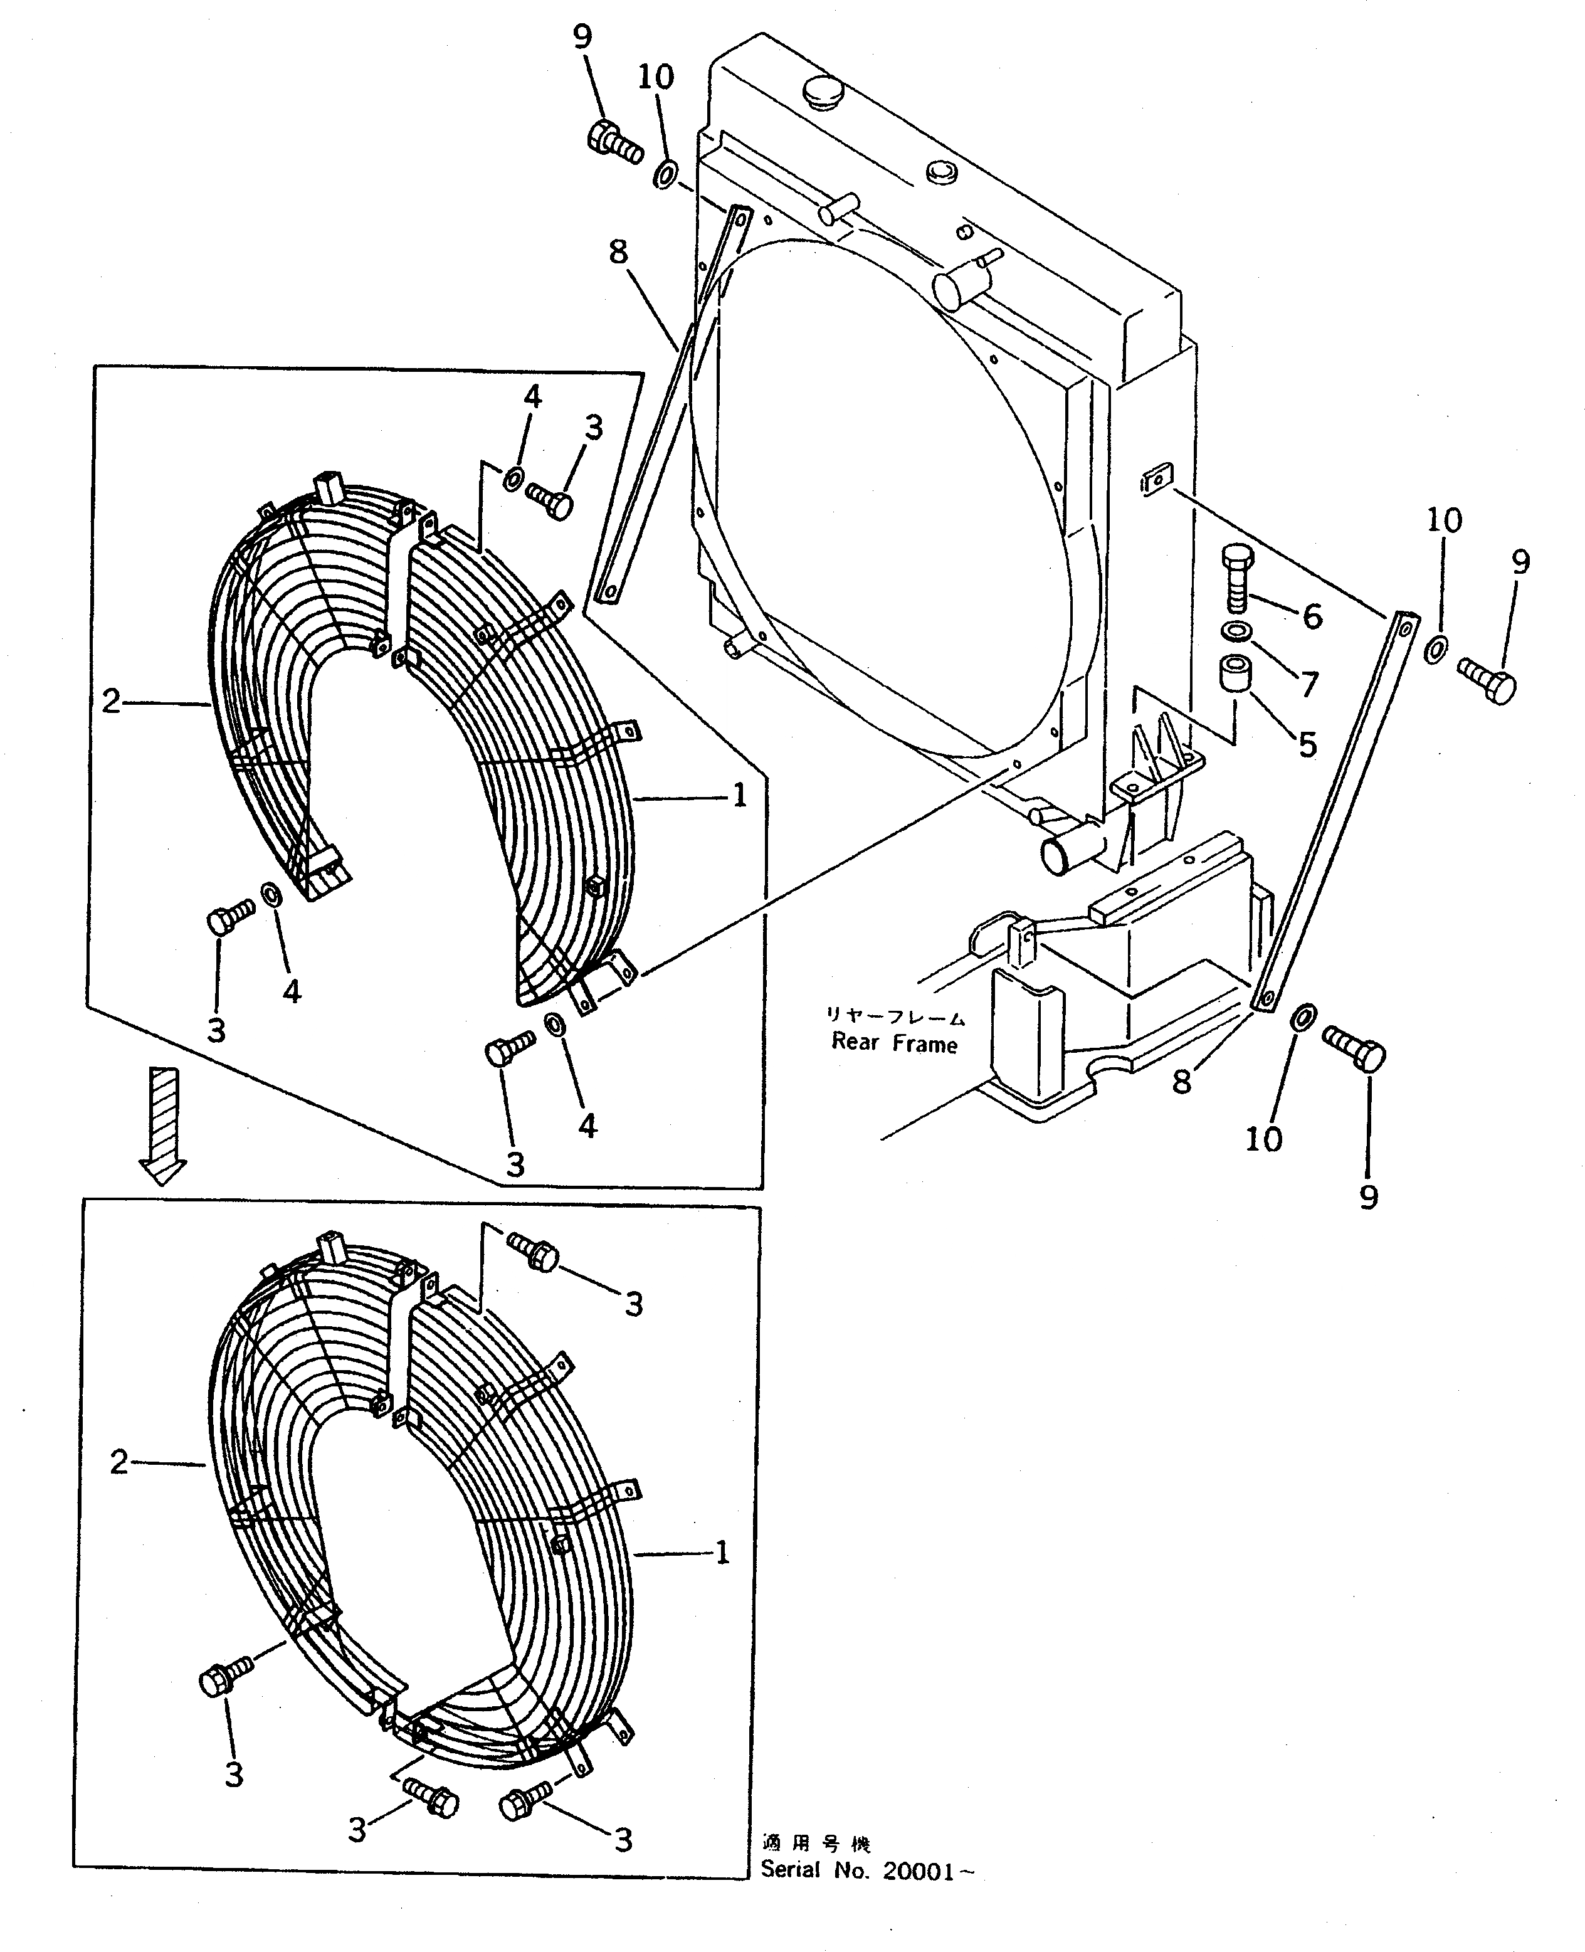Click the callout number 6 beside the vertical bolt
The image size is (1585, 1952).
pos(1312,616)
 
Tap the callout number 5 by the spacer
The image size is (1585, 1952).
pos(1307,745)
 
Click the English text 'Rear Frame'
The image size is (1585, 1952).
pos(894,1043)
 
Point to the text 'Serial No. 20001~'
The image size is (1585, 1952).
pos(866,1870)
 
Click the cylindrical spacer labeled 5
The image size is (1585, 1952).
pos(1235,674)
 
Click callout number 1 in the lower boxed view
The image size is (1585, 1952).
pos(721,1552)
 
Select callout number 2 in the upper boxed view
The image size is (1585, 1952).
pos(110,701)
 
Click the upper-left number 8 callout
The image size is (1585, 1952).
pos(618,252)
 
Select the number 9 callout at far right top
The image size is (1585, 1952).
pos(1519,562)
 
